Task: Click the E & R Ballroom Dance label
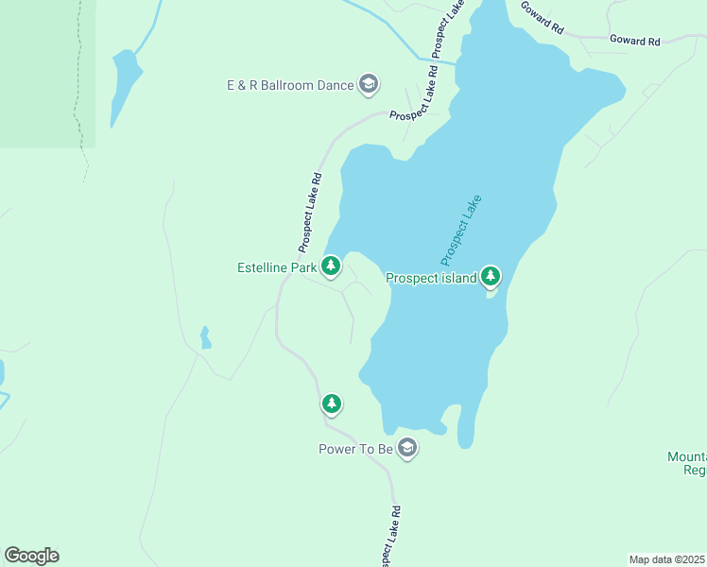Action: pyautogui.click(x=289, y=85)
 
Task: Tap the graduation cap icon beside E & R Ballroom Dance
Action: pyautogui.click(x=369, y=85)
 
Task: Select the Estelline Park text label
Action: pyautogui.click(x=276, y=267)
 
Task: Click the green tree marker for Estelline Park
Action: pyautogui.click(x=331, y=266)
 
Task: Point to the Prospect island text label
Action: pyautogui.click(x=430, y=278)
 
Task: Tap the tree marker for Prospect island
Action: pyautogui.click(x=490, y=276)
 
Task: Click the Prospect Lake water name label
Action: pyautogui.click(x=461, y=230)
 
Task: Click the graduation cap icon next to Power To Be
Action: pyautogui.click(x=407, y=448)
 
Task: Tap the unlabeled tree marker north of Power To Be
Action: pyautogui.click(x=331, y=404)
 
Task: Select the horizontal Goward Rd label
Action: pyautogui.click(x=634, y=41)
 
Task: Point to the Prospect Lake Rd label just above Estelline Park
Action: pyautogui.click(x=311, y=212)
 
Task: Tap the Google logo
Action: pyautogui.click(x=31, y=556)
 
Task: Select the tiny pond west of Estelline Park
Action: pyautogui.click(x=205, y=337)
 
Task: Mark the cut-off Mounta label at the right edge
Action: pyautogui.click(x=687, y=456)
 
